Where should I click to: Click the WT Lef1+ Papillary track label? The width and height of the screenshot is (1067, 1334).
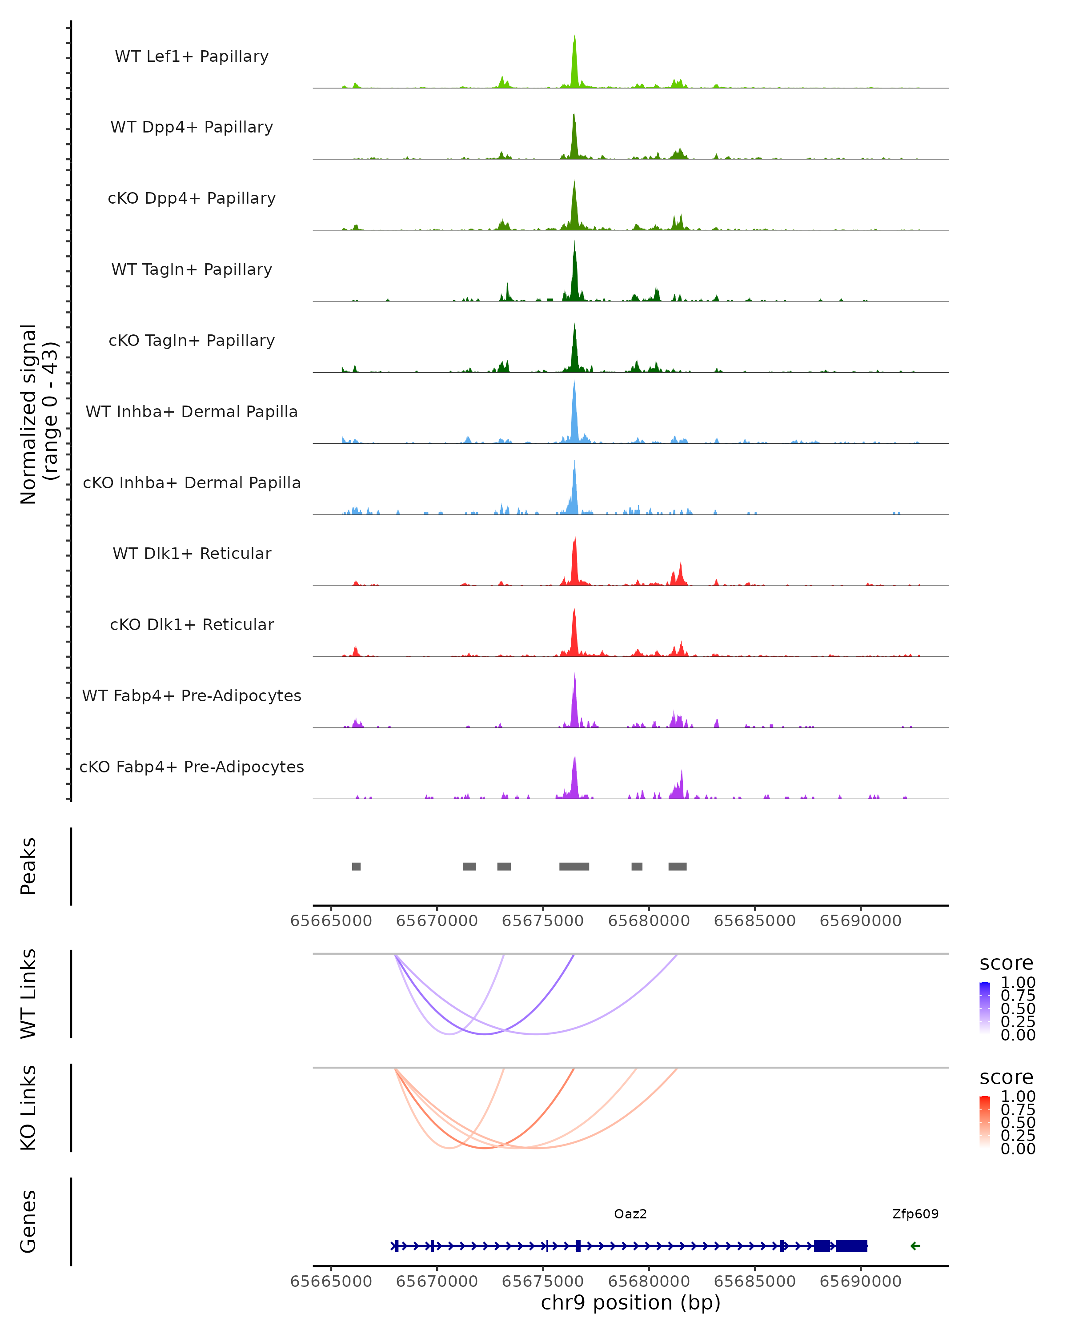192,56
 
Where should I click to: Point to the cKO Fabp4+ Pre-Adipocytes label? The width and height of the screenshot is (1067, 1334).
192,767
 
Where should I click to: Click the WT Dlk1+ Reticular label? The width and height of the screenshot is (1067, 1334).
192,553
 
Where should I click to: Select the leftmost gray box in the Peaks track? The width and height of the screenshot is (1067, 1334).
356,866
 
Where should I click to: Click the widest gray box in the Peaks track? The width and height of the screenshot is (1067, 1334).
574,866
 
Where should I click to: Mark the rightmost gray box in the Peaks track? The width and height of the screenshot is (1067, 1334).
677,866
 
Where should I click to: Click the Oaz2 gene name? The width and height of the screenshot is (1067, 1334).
630,1214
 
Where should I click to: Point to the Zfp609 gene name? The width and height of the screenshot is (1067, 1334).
915,1214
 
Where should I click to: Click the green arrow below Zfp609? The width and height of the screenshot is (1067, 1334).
915,1246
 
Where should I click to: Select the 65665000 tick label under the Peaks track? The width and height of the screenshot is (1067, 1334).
331,921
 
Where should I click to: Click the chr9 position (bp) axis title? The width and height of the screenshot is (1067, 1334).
630,1303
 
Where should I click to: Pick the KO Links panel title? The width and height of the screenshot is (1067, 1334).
28,1108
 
